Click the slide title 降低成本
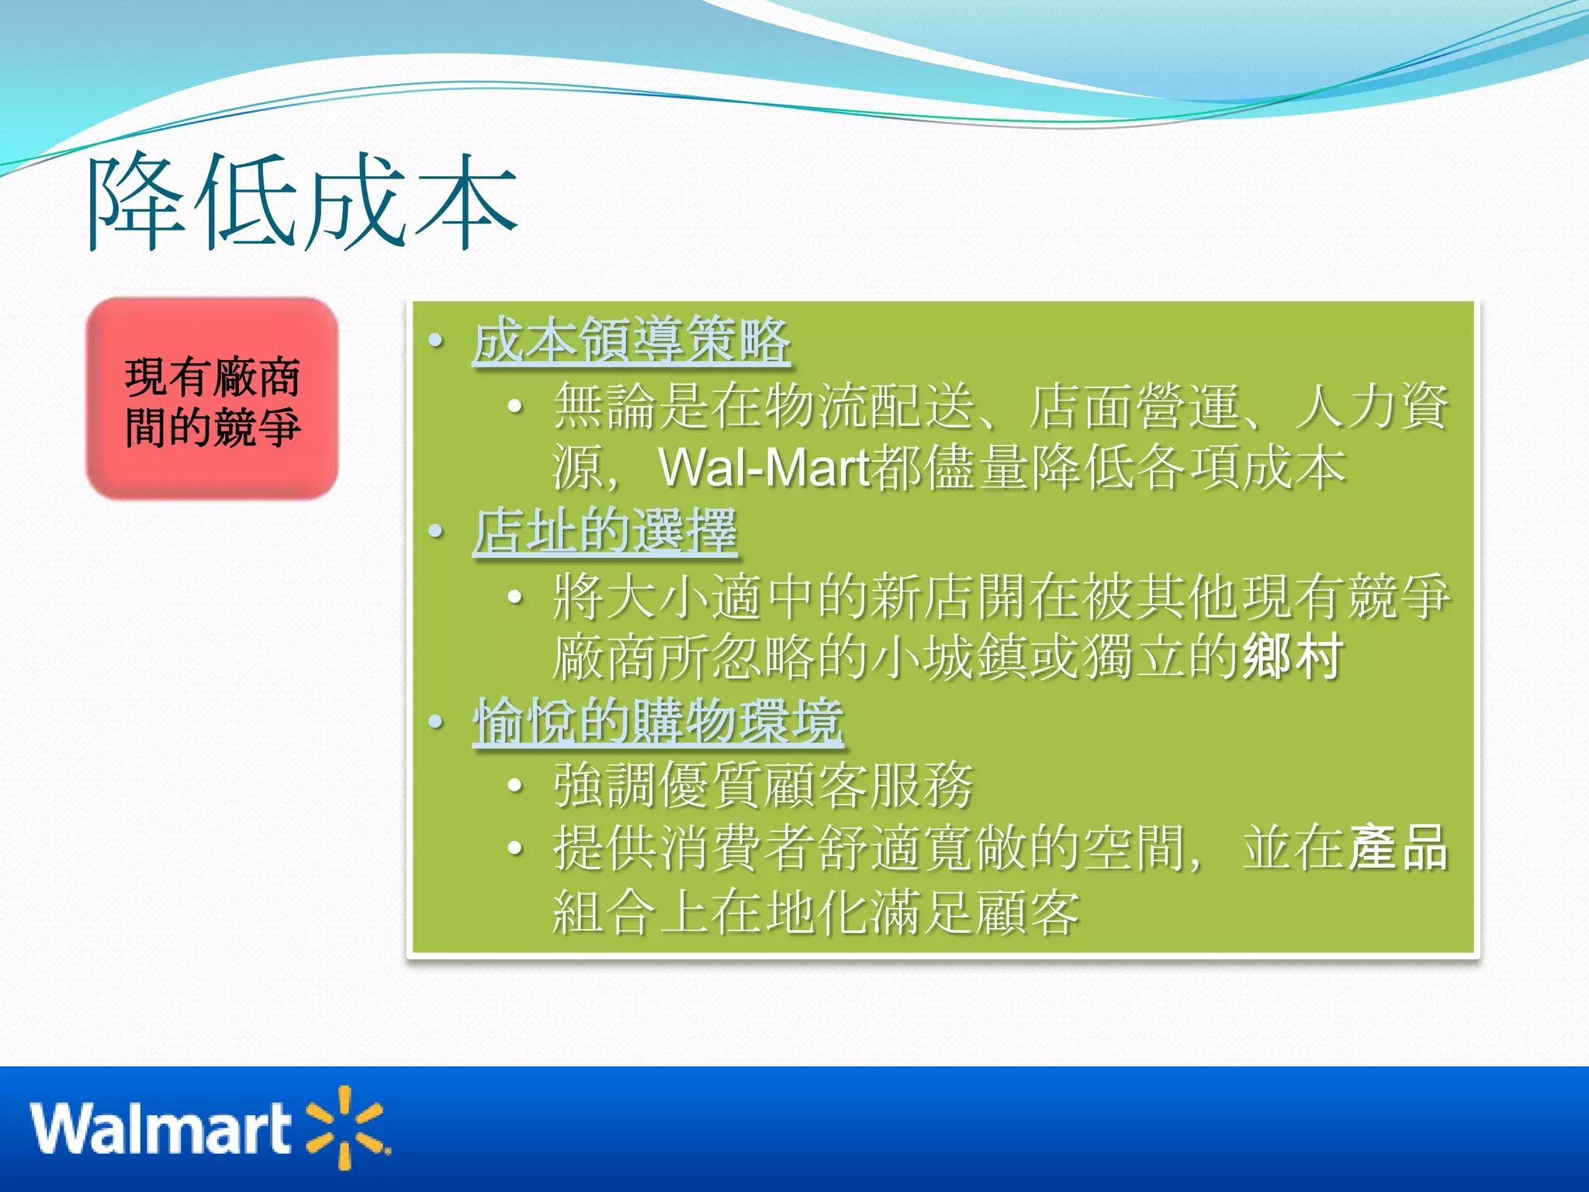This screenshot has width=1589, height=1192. click(x=303, y=203)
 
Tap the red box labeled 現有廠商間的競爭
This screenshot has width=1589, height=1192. click(x=212, y=399)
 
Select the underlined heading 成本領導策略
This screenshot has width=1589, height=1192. click(x=632, y=341)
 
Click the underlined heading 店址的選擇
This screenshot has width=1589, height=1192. click(x=604, y=532)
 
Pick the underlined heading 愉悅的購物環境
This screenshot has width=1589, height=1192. click(x=658, y=722)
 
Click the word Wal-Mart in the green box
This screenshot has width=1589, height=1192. click(x=764, y=468)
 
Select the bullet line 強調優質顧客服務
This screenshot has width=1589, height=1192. click(x=763, y=785)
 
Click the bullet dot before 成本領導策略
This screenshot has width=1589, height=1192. click(x=436, y=341)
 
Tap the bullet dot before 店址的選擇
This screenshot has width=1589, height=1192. click(x=436, y=532)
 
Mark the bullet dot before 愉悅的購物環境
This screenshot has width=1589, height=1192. click(x=436, y=722)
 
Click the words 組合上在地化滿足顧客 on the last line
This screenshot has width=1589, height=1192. click(x=816, y=912)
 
